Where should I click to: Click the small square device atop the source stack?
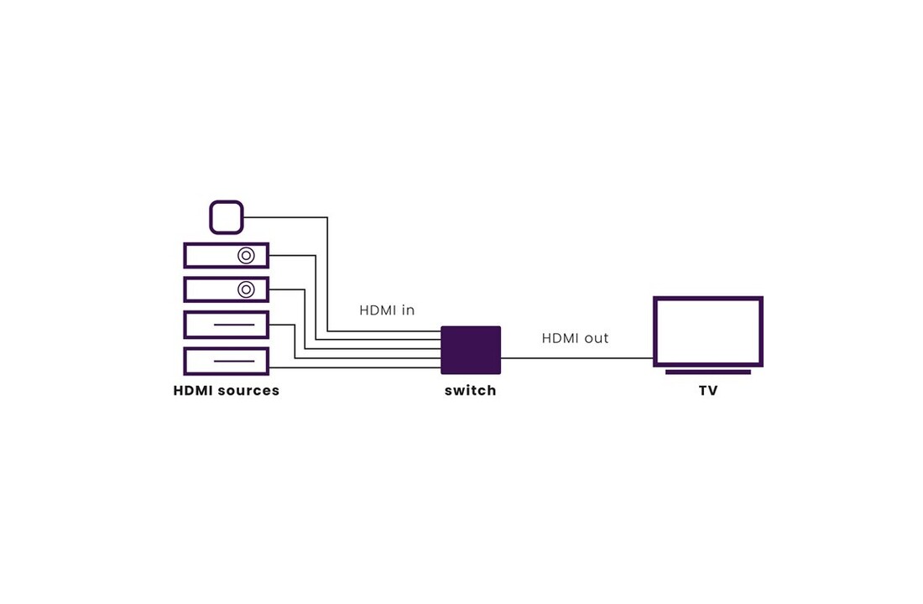click(227, 217)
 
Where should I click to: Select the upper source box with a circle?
click(210, 255)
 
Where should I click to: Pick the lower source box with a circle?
click(210, 289)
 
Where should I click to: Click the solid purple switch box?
click(471, 350)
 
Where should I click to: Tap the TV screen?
click(707, 331)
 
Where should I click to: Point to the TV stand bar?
click(707, 372)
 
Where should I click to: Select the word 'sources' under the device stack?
click(248, 391)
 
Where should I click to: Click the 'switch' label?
click(471, 391)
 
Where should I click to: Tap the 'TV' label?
click(708, 391)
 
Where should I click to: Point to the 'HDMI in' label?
click(387, 310)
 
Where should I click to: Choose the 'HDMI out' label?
click(575, 338)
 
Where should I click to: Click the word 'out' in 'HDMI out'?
click(596, 338)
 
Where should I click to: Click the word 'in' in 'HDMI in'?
click(409, 310)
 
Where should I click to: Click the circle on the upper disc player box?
click(246, 255)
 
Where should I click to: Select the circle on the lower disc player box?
click(246, 289)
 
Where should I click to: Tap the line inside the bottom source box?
click(234, 362)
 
